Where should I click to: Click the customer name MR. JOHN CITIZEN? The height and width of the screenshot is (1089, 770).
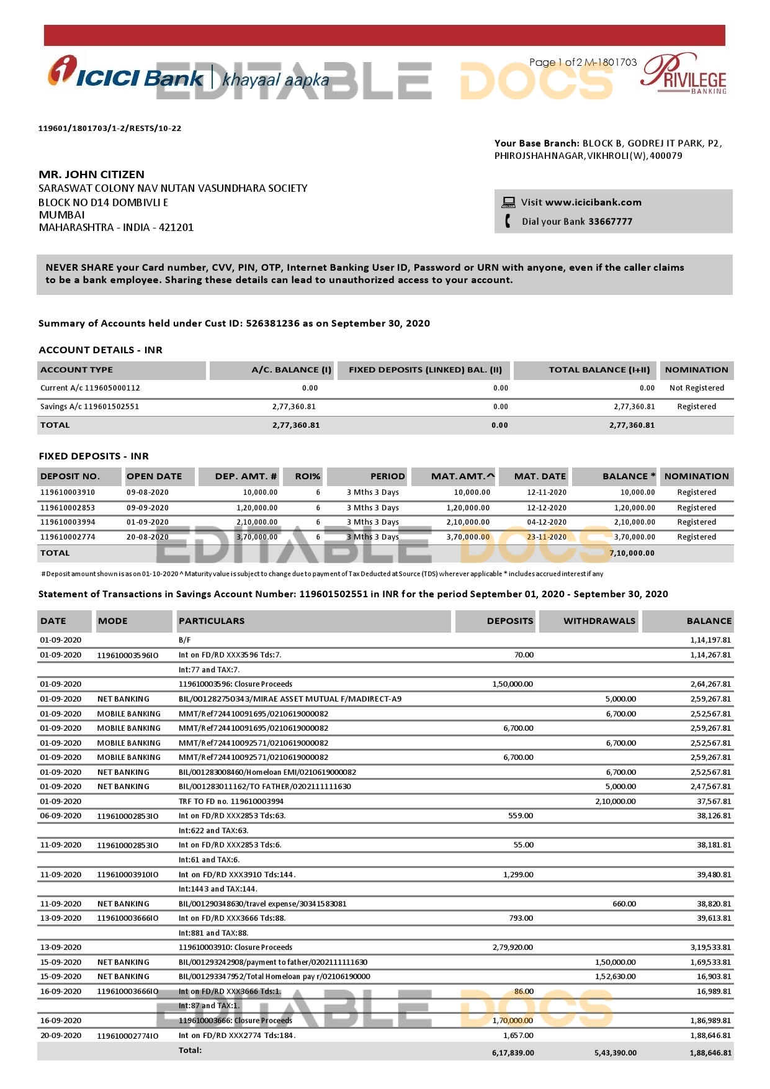91,174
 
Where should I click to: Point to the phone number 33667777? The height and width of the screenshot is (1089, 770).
610,222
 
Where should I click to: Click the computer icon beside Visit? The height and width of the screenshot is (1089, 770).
508,202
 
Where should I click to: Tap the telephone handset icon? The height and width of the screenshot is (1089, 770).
508,221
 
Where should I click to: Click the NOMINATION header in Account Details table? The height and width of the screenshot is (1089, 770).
696,370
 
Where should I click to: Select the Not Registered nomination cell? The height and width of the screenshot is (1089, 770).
696,388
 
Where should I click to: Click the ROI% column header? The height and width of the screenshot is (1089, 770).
307,477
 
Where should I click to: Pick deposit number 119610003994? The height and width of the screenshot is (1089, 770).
68,522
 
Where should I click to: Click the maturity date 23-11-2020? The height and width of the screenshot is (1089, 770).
546,537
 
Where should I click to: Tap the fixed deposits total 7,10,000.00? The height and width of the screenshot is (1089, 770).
632,553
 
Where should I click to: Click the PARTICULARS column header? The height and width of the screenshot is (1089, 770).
212,621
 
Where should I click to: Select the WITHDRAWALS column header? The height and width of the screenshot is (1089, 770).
599,621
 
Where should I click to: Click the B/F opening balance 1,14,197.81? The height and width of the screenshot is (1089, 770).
710,640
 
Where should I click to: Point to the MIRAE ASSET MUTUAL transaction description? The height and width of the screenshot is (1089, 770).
290,699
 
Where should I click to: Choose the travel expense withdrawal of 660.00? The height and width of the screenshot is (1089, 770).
624,904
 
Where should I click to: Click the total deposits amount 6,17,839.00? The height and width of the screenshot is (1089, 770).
513,1053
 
